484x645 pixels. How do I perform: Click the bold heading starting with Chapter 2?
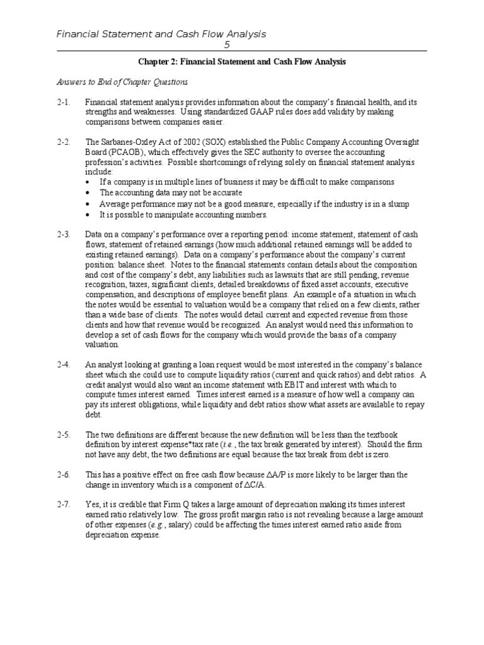(x=242, y=62)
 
